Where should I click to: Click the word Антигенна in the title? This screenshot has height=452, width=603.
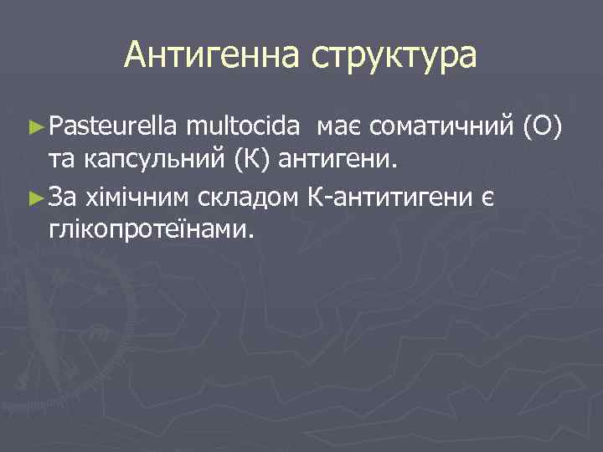click(213, 56)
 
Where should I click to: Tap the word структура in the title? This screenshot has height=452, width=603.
click(394, 56)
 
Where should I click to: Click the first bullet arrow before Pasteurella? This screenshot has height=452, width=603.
click(34, 127)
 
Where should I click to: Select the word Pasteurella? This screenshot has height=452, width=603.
click(112, 126)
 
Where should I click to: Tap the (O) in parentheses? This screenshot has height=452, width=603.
click(547, 126)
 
